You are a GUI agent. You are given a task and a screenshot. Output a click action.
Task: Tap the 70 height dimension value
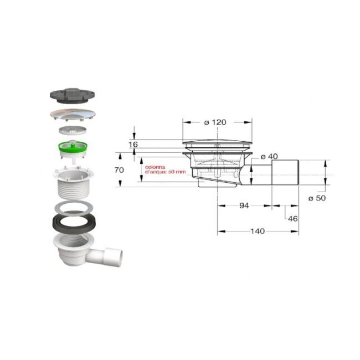[119, 171]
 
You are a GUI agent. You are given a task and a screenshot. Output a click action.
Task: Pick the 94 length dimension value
[244, 206]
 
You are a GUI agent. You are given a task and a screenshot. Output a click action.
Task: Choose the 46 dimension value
[293, 218]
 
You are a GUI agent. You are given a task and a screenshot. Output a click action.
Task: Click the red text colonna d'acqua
[160, 169]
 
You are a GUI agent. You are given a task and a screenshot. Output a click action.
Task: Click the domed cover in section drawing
[217, 143]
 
